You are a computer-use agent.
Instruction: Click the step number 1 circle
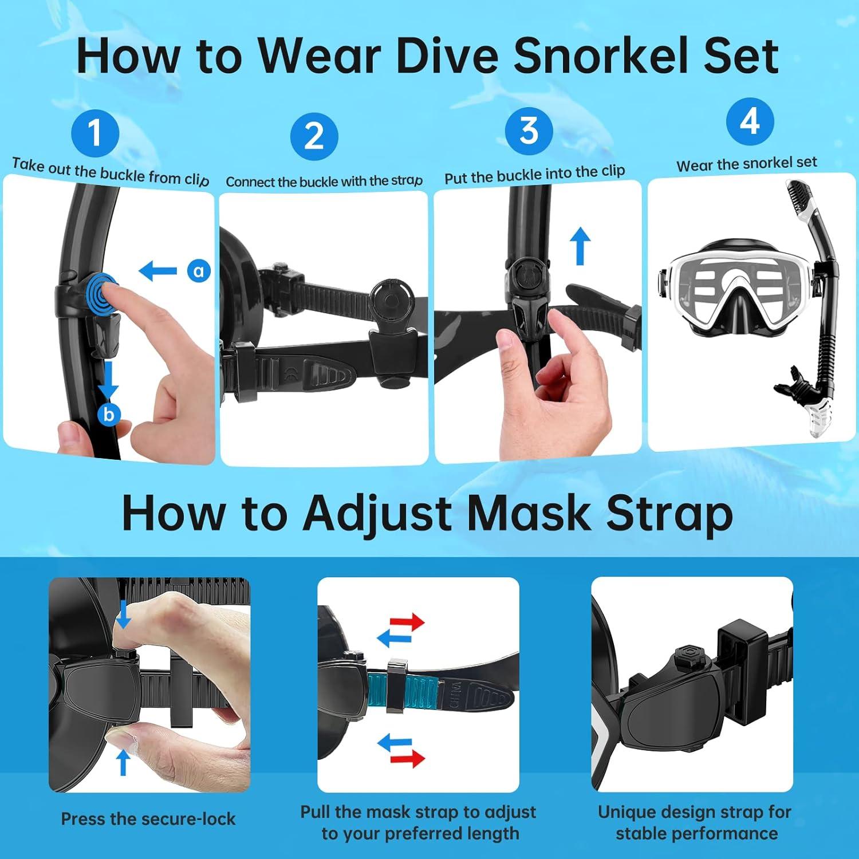pyautogui.click(x=95, y=133)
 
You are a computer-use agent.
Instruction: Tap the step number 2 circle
pyautogui.click(x=314, y=136)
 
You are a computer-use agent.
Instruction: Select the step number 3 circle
pyautogui.click(x=529, y=131)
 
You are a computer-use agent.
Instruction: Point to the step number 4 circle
pyautogui.click(x=750, y=121)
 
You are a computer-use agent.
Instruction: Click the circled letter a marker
pyautogui.click(x=199, y=270)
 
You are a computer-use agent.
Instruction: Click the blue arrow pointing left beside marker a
pyautogui.click(x=158, y=270)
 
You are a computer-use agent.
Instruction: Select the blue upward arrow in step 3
pyautogui.click(x=580, y=246)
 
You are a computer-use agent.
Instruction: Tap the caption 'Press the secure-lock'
pyautogui.click(x=148, y=819)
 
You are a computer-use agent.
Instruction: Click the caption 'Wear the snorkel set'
pyautogui.click(x=747, y=164)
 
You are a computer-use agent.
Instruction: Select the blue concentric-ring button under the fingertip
pyautogui.click(x=101, y=294)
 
